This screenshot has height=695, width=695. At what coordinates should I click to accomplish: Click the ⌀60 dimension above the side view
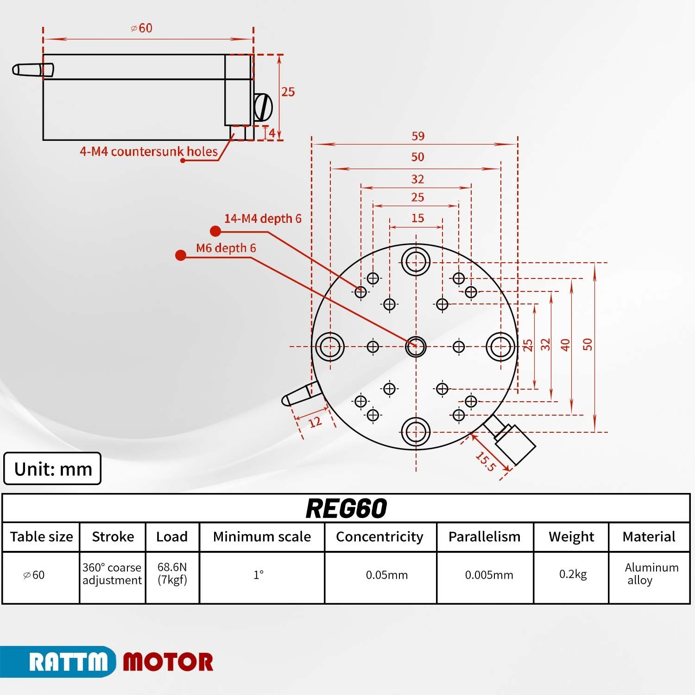142,28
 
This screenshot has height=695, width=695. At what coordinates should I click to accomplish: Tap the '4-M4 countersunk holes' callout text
149,152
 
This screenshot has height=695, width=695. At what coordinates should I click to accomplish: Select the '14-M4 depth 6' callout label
263,219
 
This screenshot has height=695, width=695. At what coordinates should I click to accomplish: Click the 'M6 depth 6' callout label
226,248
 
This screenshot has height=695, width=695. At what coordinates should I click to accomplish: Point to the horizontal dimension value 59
418,136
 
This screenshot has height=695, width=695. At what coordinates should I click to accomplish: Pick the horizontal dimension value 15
417,218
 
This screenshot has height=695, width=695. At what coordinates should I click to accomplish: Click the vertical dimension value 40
565,345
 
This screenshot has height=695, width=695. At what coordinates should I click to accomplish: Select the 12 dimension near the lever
315,422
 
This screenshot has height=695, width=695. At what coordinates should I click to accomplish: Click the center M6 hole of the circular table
416,346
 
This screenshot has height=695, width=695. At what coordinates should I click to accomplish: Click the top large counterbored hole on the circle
416,261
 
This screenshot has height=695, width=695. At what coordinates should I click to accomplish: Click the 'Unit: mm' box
52,469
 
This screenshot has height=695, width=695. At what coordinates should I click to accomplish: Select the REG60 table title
346,508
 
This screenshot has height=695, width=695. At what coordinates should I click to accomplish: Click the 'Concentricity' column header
379,537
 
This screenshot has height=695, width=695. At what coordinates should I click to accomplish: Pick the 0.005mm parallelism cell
489,575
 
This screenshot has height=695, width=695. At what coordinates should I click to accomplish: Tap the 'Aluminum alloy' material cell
651,574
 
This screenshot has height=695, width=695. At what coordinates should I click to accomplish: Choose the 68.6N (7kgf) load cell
172,574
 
